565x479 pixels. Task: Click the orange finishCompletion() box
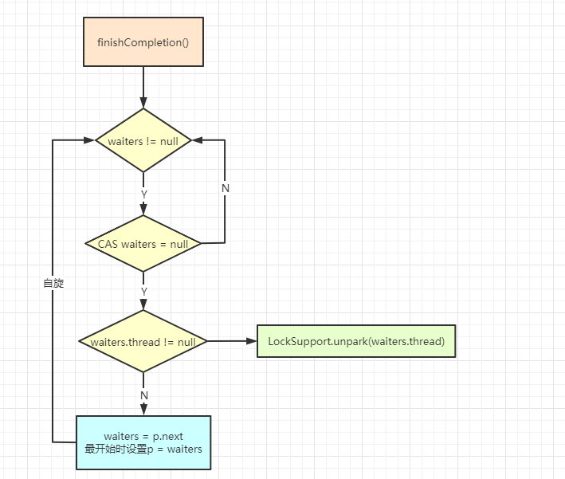(x=143, y=41)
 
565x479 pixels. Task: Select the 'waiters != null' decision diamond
(x=143, y=141)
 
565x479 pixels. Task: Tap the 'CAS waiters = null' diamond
(x=143, y=243)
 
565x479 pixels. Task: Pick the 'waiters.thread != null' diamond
(x=143, y=342)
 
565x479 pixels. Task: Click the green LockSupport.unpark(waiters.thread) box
(x=355, y=341)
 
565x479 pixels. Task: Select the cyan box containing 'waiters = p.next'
(x=143, y=442)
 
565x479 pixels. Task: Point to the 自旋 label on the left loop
(x=53, y=283)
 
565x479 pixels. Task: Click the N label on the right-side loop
(x=225, y=188)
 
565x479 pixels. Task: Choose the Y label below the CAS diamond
(x=143, y=292)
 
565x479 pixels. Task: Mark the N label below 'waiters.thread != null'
(x=143, y=394)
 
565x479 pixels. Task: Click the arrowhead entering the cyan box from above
(x=143, y=410)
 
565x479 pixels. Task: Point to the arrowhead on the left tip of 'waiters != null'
(x=90, y=141)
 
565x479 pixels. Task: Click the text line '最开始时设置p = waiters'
(x=143, y=449)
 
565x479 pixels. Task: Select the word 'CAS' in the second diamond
(x=108, y=243)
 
